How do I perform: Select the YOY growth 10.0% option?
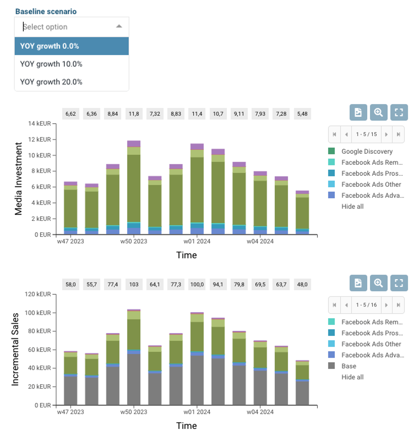tap(51, 64)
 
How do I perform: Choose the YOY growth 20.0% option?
tap(51, 82)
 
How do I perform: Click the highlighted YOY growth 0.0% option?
tap(49, 46)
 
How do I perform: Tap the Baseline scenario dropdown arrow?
tap(119, 26)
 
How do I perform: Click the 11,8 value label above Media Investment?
tap(134, 114)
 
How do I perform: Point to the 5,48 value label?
tap(302, 114)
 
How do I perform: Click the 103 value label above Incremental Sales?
tap(134, 284)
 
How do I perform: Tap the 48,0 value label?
tap(302, 284)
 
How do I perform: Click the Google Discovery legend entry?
tap(367, 152)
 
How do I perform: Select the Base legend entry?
tap(349, 366)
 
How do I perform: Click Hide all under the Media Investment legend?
tap(352, 207)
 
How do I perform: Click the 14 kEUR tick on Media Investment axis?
tap(40, 123)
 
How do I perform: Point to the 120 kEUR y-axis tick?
tap(38, 294)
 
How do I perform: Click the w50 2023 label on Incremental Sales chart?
tap(134, 412)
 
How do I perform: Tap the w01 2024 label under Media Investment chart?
tap(197, 241)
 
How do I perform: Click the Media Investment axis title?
tap(18, 179)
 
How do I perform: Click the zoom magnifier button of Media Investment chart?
tap(378, 112)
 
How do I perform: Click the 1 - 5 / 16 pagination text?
tap(366, 305)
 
